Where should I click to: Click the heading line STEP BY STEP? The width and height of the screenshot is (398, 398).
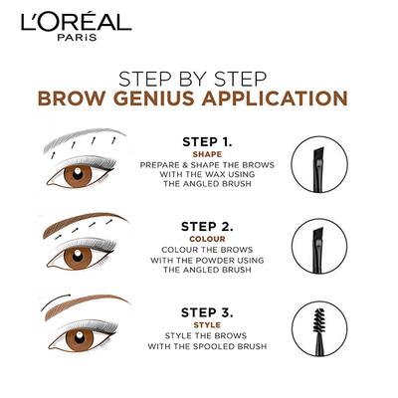pyautogui.click(x=198, y=78)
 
